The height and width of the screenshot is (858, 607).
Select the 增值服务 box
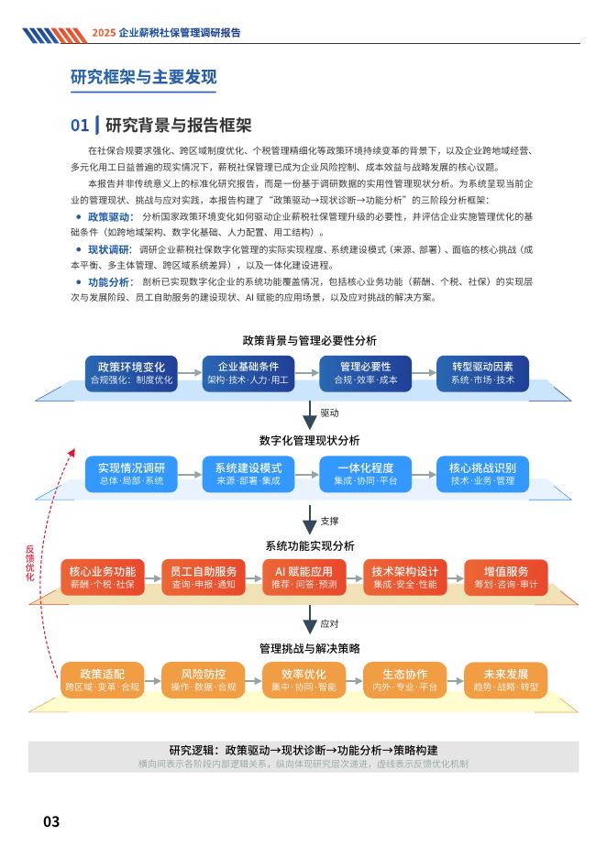pos(506,577)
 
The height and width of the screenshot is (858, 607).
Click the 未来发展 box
pos(506,679)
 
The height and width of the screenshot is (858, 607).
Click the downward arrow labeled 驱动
pos(310,414)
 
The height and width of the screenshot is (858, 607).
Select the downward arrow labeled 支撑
pos(310,521)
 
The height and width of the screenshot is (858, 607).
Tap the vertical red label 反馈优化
pos(29,563)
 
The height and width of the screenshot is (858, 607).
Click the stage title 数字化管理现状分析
pos(309,441)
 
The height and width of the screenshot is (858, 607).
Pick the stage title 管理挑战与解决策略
pos(309,647)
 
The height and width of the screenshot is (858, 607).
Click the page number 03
pos(51,821)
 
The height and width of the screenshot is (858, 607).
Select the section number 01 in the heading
pos(81,125)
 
